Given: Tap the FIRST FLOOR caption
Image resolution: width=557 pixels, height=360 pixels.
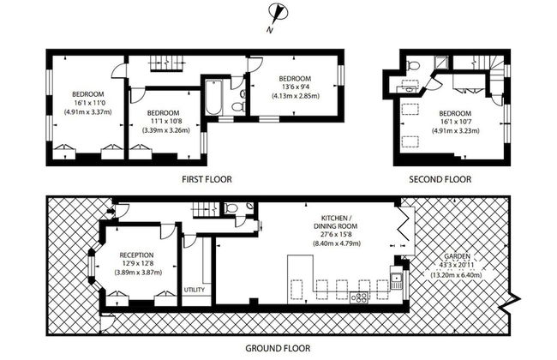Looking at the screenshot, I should (x=207, y=179).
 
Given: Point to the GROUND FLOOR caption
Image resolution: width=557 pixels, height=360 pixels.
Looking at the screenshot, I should (x=278, y=349).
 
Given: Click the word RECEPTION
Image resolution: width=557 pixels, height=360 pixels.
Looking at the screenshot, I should (x=136, y=255).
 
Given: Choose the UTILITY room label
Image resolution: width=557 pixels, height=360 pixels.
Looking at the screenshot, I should (x=195, y=290).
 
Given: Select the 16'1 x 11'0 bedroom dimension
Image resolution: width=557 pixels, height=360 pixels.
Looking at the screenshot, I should (x=87, y=102).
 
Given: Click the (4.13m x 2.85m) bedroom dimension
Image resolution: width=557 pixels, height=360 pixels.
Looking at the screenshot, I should (x=295, y=96).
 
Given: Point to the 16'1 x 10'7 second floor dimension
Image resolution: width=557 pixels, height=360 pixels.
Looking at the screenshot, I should (x=454, y=122).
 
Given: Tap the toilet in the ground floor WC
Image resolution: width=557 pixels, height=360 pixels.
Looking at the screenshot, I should (x=232, y=207).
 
